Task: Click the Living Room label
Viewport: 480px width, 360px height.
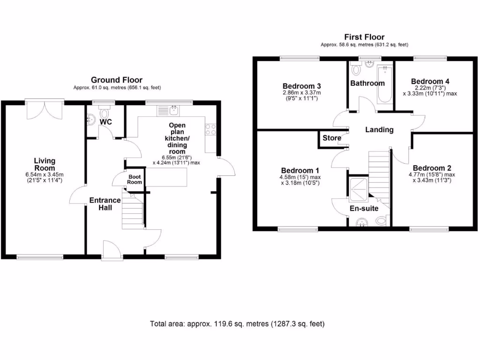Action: [x=45, y=165]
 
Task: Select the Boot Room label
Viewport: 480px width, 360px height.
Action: [x=135, y=179]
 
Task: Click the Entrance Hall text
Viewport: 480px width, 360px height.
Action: [x=105, y=204]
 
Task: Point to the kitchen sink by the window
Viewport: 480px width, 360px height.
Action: [x=168, y=111]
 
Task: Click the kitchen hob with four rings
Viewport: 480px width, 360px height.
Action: [x=210, y=129]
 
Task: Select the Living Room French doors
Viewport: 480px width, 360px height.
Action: [x=45, y=109]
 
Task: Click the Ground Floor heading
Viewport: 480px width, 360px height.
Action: [x=117, y=80]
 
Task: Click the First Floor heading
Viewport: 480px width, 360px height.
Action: [x=364, y=37]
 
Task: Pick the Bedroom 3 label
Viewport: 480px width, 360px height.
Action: [x=302, y=86]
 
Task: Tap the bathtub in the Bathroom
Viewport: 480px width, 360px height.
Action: [x=385, y=84]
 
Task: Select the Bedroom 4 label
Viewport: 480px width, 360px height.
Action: [x=429, y=80]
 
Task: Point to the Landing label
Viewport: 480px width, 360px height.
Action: [x=379, y=130]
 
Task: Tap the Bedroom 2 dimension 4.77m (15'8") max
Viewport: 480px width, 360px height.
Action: [x=431, y=174]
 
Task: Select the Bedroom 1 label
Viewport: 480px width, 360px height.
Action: [x=300, y=170]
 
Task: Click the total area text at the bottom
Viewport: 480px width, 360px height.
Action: [x=237, y=324]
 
